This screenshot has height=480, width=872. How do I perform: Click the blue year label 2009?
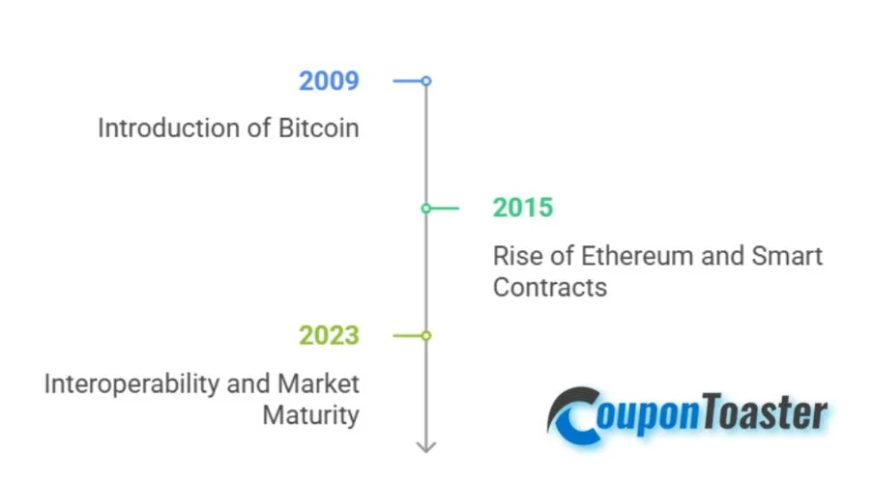click(x=329, y=80)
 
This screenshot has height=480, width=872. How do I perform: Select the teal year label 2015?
click(x=523, y=208)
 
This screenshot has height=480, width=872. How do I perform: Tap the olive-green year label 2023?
click(x=329, y=335)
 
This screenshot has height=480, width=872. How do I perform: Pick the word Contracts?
click(x=549, y=287)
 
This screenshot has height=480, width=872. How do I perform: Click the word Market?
click(x=318, y=383)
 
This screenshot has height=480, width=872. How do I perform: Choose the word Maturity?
click(x=310, y=415)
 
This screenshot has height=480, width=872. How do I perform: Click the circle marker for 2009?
click(x=426, y=81)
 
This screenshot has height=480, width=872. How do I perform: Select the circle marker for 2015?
click(x=426, y=208)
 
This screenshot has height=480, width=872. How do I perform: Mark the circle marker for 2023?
click(x=426, y=335)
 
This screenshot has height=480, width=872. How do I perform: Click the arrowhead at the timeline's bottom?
click(x=426, y=445)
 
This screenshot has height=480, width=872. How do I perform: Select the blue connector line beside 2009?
click(x=407, y=81)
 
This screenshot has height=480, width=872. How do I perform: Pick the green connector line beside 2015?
click(x=445, y=208)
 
